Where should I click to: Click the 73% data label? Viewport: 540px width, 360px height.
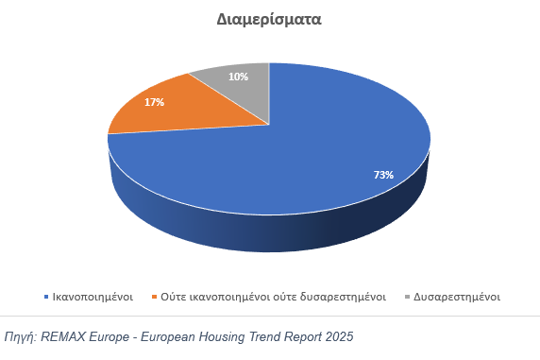[x=383, y=175]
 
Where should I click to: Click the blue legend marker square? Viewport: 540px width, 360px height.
[x=46, y=297]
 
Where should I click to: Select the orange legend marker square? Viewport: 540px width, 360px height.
[x=155, y=297]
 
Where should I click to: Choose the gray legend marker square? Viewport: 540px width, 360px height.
[x=408, y=297]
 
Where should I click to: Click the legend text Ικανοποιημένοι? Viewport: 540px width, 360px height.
[x=93, y=297]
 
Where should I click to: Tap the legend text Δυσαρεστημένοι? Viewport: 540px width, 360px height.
[x=457, y=297]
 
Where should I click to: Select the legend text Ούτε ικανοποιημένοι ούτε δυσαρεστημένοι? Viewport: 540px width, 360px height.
[x=274, y=297]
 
